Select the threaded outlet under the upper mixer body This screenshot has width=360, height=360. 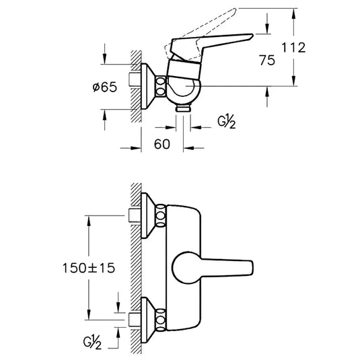tap(182, 107)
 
